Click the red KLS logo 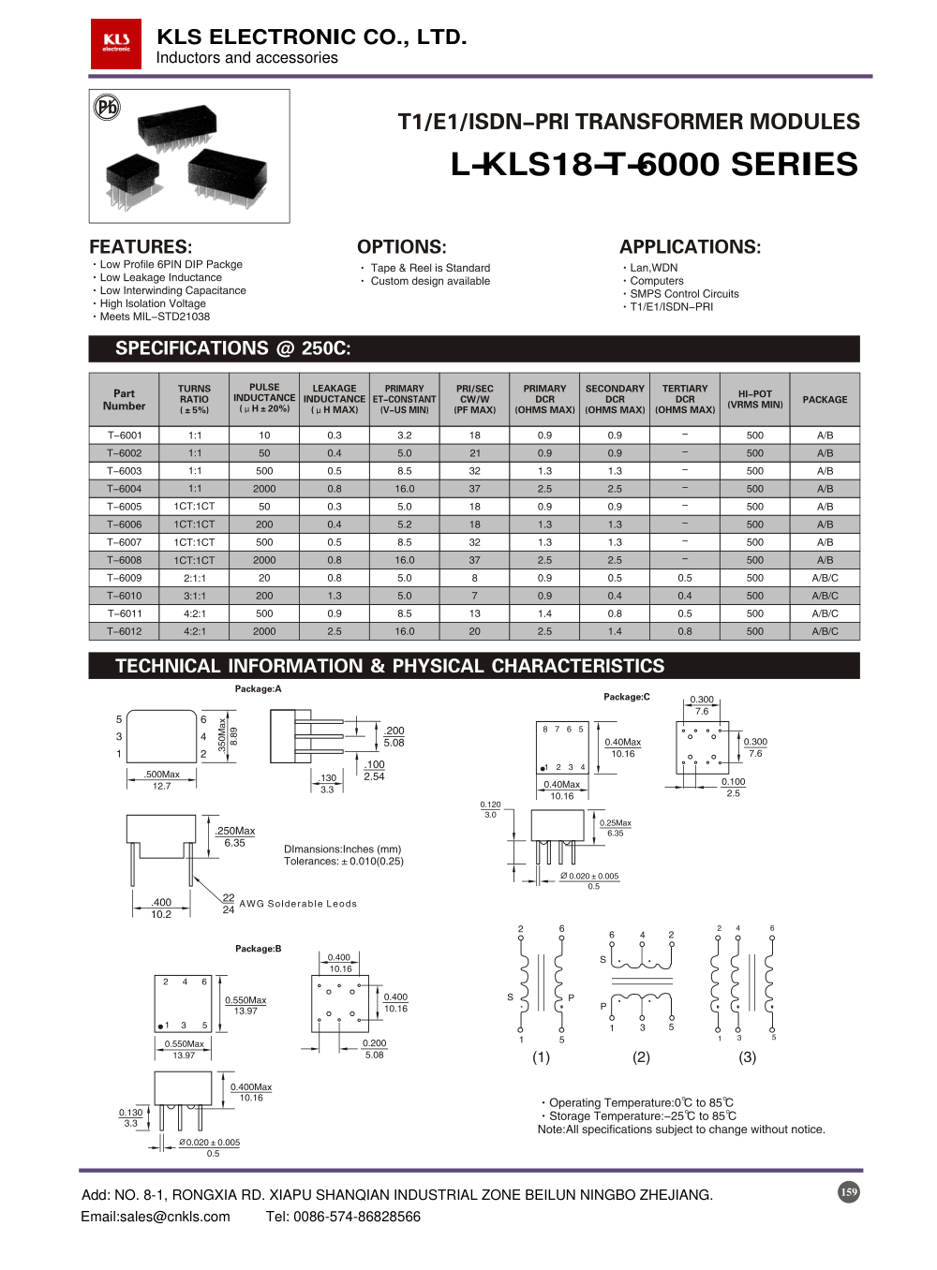[116, 44]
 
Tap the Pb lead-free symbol [108, 107]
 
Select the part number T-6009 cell [125, 578]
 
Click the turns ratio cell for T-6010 [194, 596]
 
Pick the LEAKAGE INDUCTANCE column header [335, 399]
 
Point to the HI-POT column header [754, 399]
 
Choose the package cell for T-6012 [825, 631]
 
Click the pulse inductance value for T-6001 [264, 436]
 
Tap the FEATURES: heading [141, 247]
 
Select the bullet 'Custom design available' [430, 281]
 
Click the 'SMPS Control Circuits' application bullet [684, 294]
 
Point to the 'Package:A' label [258, 689]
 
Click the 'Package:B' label [258, 949]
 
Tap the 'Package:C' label [626, 697]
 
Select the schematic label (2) [641, 1056]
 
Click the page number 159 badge [848, 1192]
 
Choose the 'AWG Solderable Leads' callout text [298, 904]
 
